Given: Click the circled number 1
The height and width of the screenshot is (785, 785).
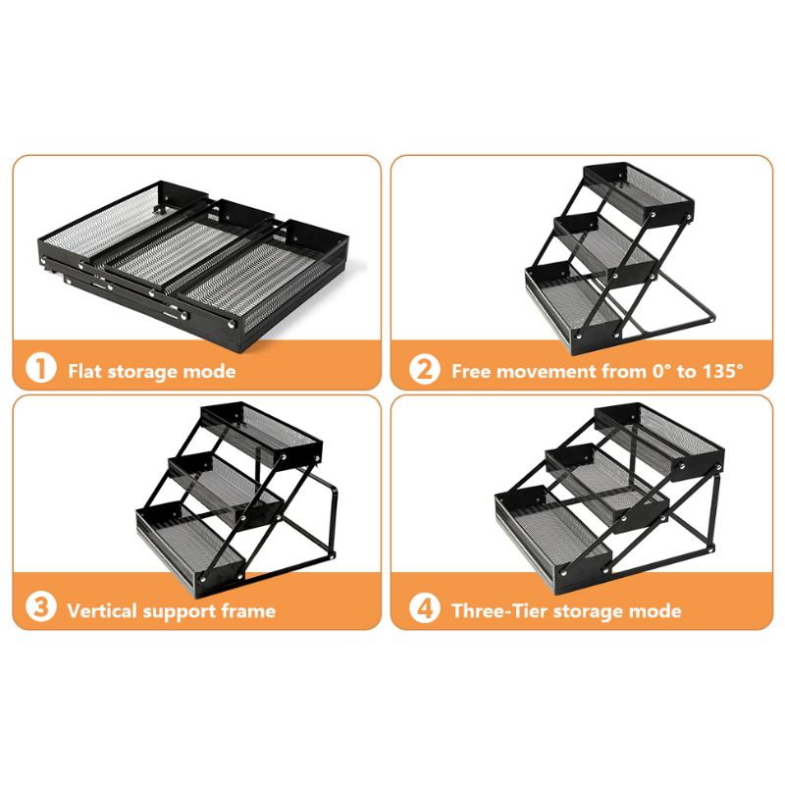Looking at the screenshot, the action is (40, 369).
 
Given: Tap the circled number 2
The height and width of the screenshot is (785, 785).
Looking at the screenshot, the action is (424, 370).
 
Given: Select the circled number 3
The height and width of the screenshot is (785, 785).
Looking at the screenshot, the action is (40, 606).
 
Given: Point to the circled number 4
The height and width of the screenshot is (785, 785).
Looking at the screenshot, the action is (424, 608).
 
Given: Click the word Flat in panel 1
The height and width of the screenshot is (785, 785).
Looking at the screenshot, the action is (85, 372).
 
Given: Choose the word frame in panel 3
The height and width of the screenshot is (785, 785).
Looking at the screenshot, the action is (248, 610).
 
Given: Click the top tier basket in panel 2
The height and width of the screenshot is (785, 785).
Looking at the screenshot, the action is (640, 192).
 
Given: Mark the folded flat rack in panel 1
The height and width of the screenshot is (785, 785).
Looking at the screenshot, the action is (193, 266).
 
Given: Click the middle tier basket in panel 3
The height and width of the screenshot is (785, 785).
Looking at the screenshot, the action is (226, 490).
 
